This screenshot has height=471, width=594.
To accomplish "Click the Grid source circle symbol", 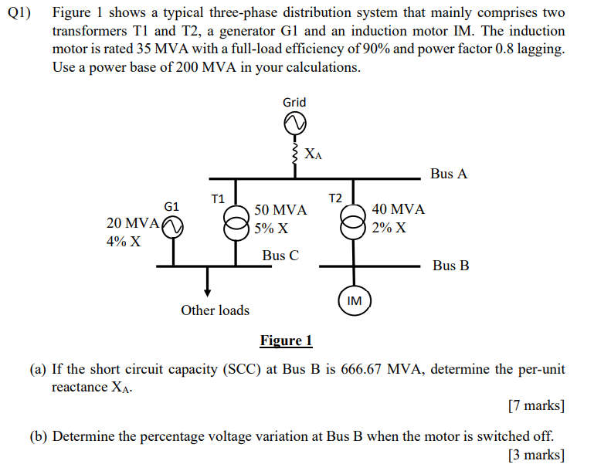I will click(294, 123).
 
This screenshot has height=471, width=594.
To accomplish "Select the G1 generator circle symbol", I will click(172, 225).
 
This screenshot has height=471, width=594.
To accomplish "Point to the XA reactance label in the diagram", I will click(313, 154).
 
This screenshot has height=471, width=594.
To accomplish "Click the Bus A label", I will click(449, 174).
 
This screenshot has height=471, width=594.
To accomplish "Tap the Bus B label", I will click(450, 266).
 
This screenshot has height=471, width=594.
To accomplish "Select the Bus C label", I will click(280, 256).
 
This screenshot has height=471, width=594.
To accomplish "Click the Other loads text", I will click(215, 310).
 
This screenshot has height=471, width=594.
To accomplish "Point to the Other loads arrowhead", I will click(207, 292).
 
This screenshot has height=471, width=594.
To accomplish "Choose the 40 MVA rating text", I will click(398, 210).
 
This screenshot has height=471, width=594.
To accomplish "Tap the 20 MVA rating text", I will click(132, 223).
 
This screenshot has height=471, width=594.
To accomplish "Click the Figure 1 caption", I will click(286, 341).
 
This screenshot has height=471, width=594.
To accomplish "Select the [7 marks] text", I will click(536, 405).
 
